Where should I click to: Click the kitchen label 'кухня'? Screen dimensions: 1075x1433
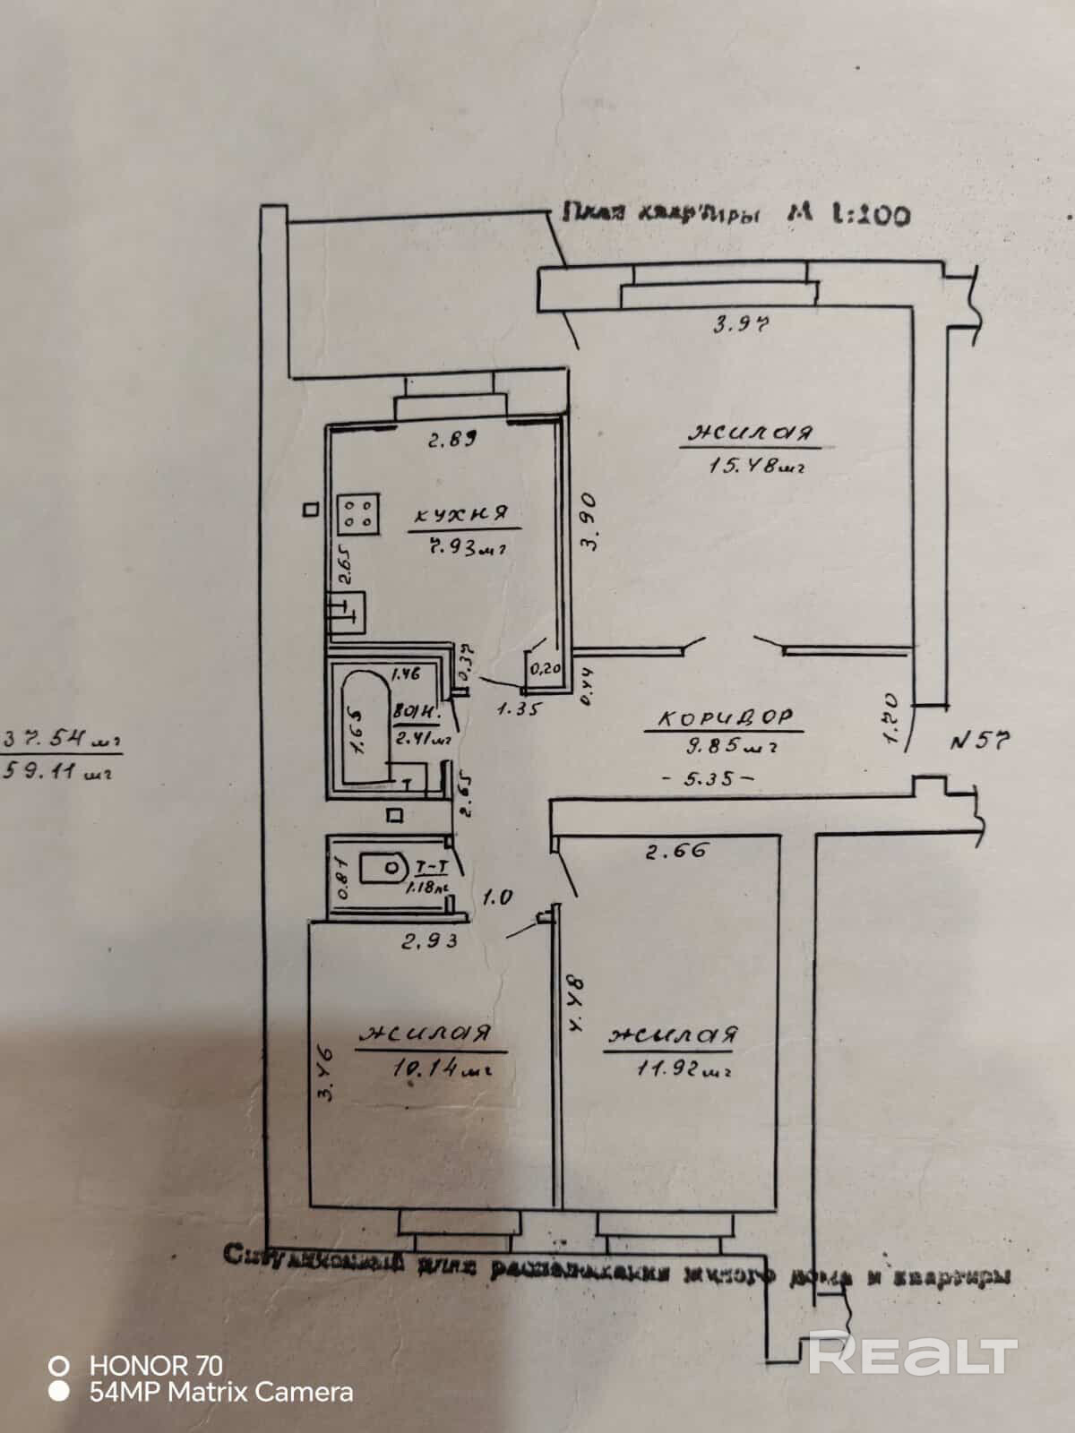(x=460, y=514)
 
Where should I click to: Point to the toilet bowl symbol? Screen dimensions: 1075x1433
(x=383, y=866)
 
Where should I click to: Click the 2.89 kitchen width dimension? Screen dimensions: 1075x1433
(x=450, y=440)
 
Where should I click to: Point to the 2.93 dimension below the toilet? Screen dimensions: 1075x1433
(x=430, y=940)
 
